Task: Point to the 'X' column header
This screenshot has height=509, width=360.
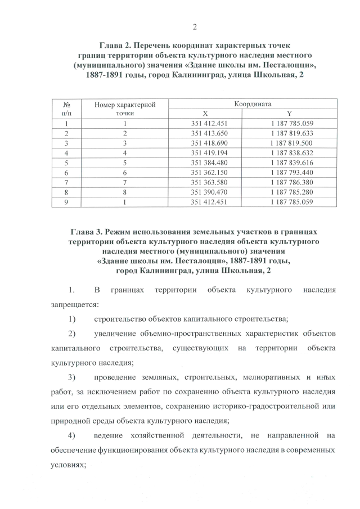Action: (x=205, y=114)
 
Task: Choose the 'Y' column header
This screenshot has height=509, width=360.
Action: (x=290, y=114)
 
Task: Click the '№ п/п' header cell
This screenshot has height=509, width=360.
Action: (x=66, y=109)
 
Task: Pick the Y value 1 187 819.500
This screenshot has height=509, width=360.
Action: (x=291, y=143)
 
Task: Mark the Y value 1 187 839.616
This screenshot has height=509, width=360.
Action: (x=291, y=163)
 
